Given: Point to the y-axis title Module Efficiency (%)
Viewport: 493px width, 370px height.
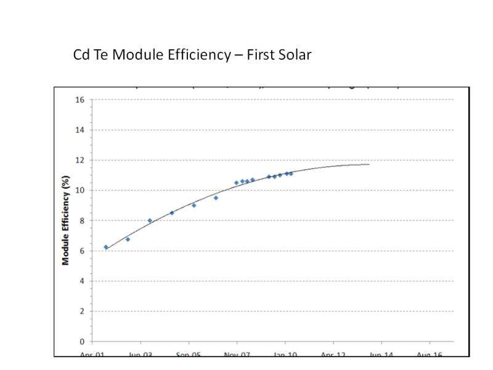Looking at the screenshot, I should (65, 220).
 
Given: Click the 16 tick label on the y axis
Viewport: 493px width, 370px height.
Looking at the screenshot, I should (79, 100).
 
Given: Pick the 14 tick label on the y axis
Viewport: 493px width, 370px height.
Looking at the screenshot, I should (79, 130).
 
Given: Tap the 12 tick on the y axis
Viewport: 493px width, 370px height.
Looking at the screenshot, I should (79, 160).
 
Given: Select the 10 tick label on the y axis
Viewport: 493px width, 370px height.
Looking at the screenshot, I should (79, 191).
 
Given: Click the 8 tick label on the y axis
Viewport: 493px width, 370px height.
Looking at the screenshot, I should (81, 221).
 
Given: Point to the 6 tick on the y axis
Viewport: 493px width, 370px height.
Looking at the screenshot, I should (81, 251).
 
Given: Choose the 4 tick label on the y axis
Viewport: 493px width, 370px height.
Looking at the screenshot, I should (81, 281).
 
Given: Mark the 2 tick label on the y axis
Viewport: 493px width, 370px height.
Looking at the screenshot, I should (81, 311).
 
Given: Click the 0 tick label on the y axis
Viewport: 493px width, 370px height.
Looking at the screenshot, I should (81, 342).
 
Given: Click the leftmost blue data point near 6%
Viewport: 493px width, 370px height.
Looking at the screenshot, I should (106, 247).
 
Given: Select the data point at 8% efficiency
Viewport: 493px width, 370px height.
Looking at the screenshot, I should (150, 221).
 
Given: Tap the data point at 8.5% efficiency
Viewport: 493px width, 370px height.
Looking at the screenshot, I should (172, 213).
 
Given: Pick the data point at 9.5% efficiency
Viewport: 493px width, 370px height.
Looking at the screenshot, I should (216, 198).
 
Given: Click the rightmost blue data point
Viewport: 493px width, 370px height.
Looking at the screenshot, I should (291, 174).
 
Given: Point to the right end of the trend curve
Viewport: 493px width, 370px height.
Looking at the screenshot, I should (369, 164).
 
